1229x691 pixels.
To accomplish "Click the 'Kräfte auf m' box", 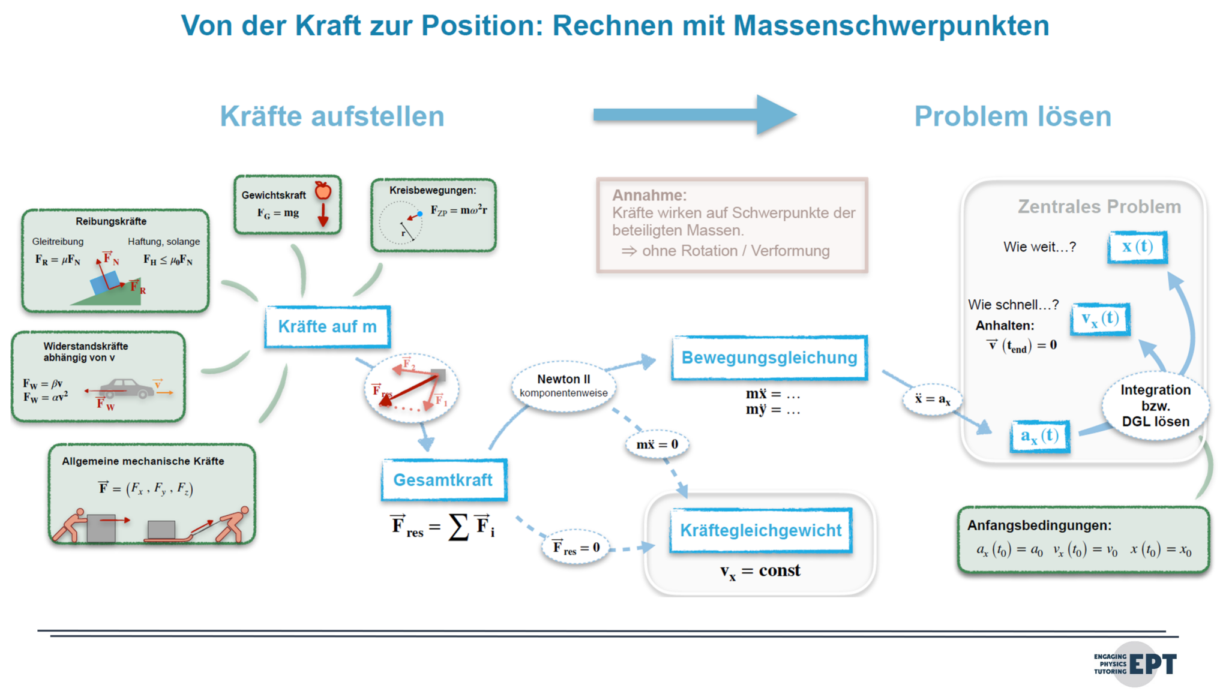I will (327, 327).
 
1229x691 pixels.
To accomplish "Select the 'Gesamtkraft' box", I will (443, 480).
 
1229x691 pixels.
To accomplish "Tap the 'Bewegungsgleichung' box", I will (769, 357).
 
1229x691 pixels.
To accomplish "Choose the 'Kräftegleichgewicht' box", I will (760, 530).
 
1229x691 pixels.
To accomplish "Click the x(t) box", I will (1137, 247).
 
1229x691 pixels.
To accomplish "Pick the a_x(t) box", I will (1039, 436).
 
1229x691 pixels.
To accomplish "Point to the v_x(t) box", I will (1100, 319).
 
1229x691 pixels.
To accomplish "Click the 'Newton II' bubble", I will (563, 385).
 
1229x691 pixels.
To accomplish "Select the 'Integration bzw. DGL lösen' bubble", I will (1155, 405).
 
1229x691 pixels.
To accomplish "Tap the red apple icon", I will (323, 191).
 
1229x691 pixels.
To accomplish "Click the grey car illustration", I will (127, 388).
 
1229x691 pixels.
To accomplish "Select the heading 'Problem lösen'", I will (1012, 116).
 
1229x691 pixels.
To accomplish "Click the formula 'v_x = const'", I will (760, 570).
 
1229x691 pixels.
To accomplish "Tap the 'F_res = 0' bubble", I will (575, 547).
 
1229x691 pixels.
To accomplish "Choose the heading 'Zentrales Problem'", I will (1099, 206).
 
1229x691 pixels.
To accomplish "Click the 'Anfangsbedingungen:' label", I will (1039, 525).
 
